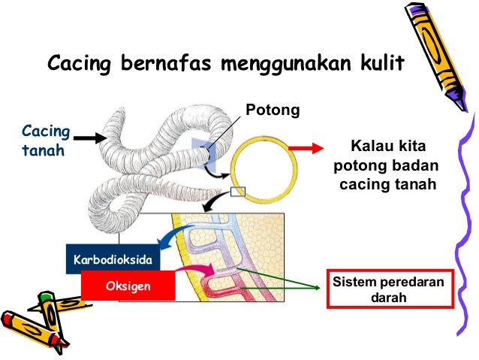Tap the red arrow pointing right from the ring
(304, 149)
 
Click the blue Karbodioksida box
(113, 259)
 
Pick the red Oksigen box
(128, 286)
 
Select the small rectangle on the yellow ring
(238, 192)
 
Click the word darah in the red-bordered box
(391, 298)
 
